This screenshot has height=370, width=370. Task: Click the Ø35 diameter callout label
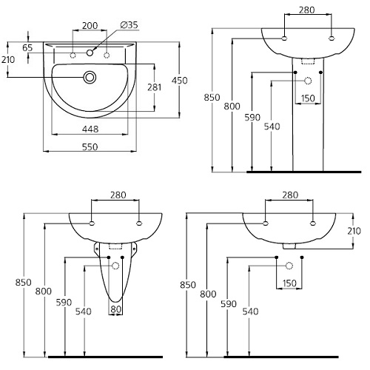pos(129,25)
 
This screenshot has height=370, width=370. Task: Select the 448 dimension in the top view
pos(90,129)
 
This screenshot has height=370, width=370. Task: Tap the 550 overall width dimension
pos(90,147)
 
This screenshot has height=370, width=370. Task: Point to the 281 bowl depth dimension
pos(155,87)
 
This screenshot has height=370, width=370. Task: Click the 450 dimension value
pos(180,81)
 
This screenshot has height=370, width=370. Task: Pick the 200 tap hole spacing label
pos(90,26)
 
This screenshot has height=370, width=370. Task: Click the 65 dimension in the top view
pos(27,47)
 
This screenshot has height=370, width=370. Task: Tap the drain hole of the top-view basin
pos(90,77)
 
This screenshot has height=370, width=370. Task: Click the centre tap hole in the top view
pos(90,53)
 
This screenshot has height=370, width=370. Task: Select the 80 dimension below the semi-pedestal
pos(115,309)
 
